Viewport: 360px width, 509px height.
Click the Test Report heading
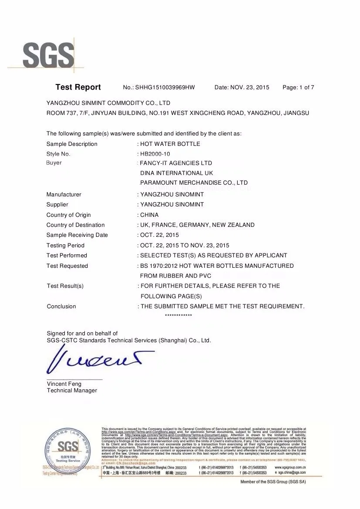pos(78,87)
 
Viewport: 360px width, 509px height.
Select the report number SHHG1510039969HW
pos(165,88)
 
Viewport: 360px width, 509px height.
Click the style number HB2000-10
pos(155,154)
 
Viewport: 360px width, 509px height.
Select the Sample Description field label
pos(72,144)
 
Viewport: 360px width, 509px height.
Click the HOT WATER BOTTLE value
pos(170,144)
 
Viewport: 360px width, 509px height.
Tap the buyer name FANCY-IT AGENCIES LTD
pos(176,163)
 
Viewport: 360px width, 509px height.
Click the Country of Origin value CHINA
pos(149,215)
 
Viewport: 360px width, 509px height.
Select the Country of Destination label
pos(75,225)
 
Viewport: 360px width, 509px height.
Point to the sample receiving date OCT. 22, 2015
pos(160,235)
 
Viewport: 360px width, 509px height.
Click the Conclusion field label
pos(61,307)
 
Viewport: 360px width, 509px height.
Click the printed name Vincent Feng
pos(64,384)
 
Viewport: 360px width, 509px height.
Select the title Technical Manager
pos(72,391)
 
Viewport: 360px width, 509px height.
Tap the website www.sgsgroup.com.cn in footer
pos(290,467)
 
